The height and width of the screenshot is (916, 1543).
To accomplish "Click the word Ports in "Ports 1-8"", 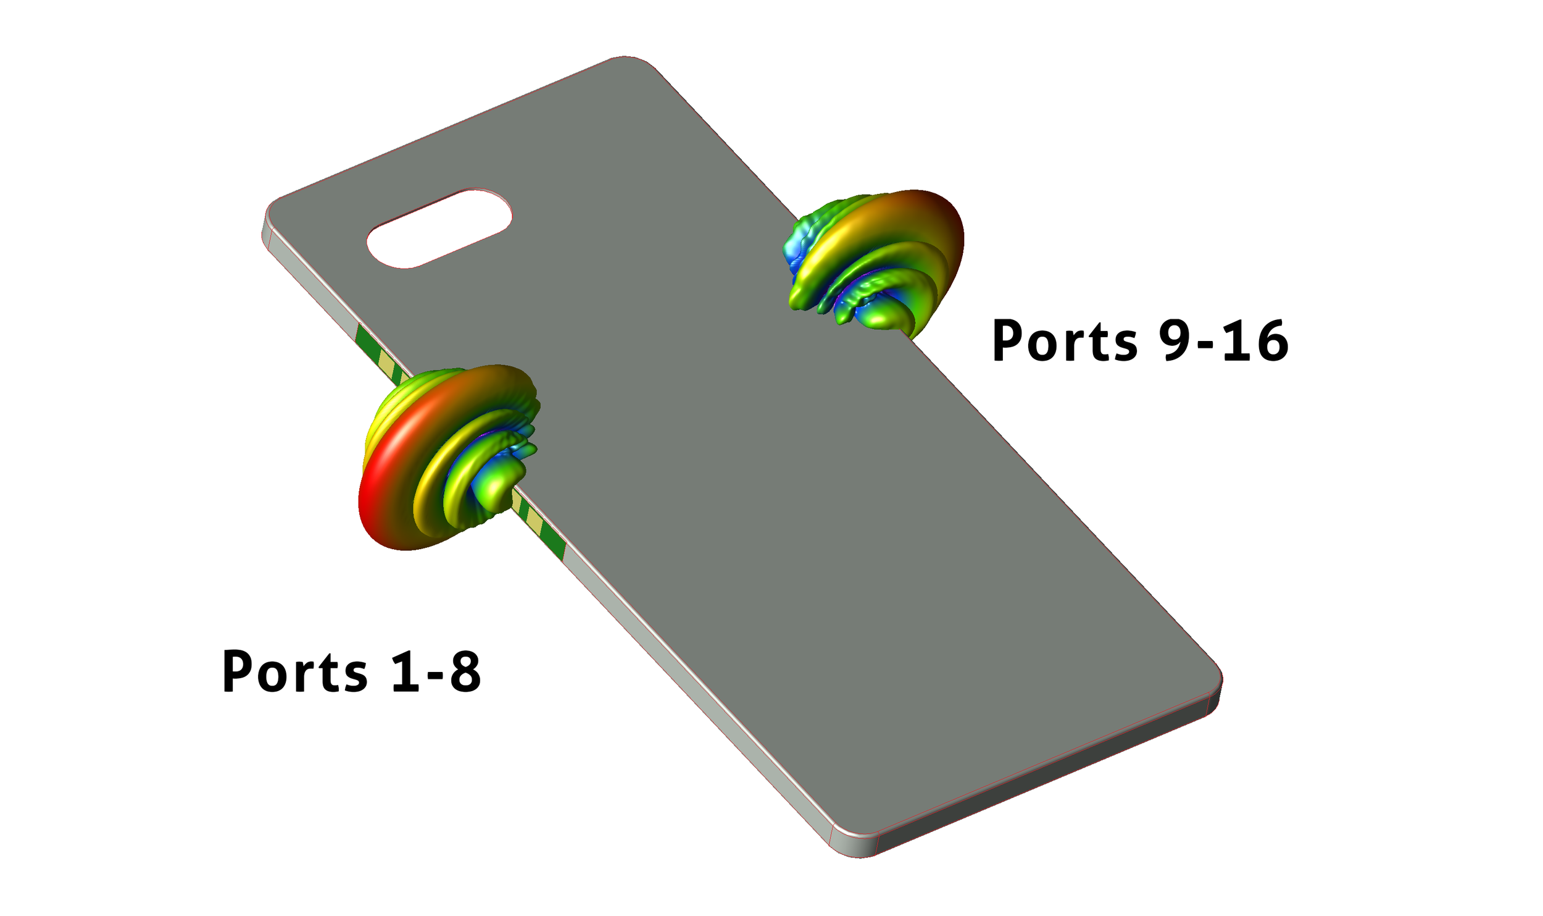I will tap(294, 671).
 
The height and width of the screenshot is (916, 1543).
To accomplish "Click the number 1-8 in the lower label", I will tap(436, 671).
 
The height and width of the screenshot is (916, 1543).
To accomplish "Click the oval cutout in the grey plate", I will tap(439, 229).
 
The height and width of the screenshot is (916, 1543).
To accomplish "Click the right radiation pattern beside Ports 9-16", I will tap(876, 259).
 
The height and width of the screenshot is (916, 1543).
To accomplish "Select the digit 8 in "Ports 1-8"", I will tap(465, 671).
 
